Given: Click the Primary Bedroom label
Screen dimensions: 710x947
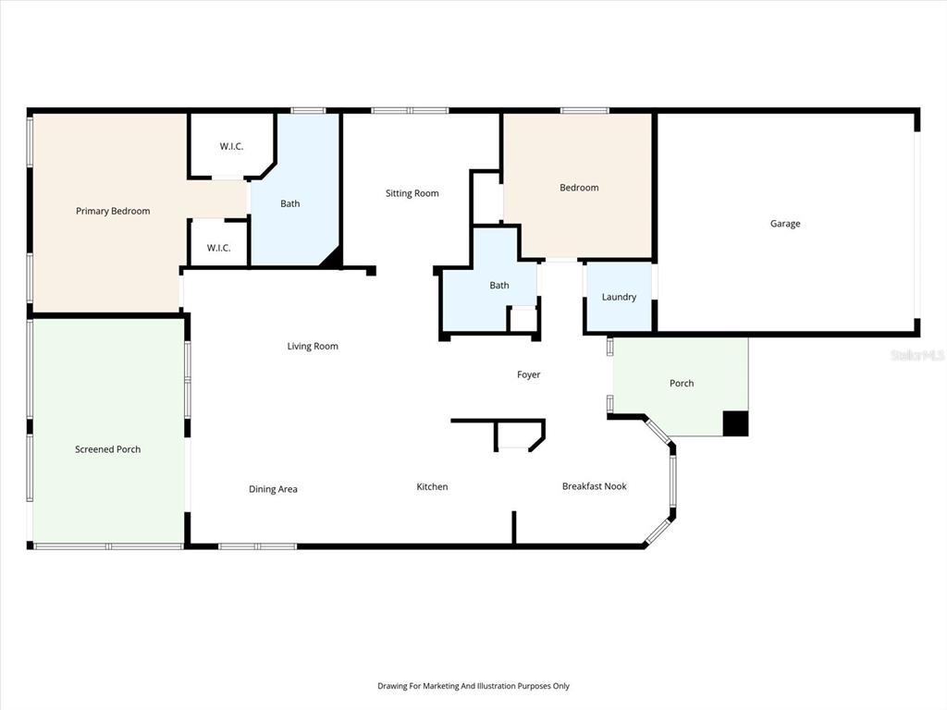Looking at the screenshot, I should click(x=113, y=211).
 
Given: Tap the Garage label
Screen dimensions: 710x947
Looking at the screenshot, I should click(x=785, y=224).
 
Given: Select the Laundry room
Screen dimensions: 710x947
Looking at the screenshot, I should click(x=619, y=297).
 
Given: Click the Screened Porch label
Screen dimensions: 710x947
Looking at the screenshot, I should click(x=108, y=449).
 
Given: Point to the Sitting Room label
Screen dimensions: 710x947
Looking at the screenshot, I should click(x=412, y=193).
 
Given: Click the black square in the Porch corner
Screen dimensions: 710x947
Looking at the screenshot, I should click(x=735, y=423).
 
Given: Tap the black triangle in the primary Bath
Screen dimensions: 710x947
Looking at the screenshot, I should click(x=331, y=259).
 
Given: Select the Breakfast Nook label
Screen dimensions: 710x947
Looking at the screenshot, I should click(x=595, y=486).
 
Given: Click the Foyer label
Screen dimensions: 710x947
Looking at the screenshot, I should click(x=528, y=374).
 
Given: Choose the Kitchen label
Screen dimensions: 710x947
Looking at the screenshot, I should click(x=432, y=486).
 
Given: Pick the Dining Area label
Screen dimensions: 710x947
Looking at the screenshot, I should click(x=273, y=489).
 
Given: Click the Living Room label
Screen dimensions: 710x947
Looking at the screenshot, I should click(x=313, y=347).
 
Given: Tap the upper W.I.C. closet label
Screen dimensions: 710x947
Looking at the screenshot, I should click(x=231, y=146).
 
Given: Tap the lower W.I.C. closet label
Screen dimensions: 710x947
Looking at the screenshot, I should click(x=218, y=248).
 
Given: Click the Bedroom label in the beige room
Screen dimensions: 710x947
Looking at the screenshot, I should click(x=579, y=188).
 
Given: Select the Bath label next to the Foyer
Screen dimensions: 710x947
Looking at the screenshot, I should click(x=499, y=286).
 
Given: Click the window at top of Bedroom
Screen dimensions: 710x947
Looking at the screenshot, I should click(x=584, y=111).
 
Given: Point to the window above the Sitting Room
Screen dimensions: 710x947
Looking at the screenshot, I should click(x=410, y=111).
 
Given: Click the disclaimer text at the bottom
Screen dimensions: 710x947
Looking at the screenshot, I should click(x=473, y=686).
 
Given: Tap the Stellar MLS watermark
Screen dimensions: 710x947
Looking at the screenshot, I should click(x=916, y=355).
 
